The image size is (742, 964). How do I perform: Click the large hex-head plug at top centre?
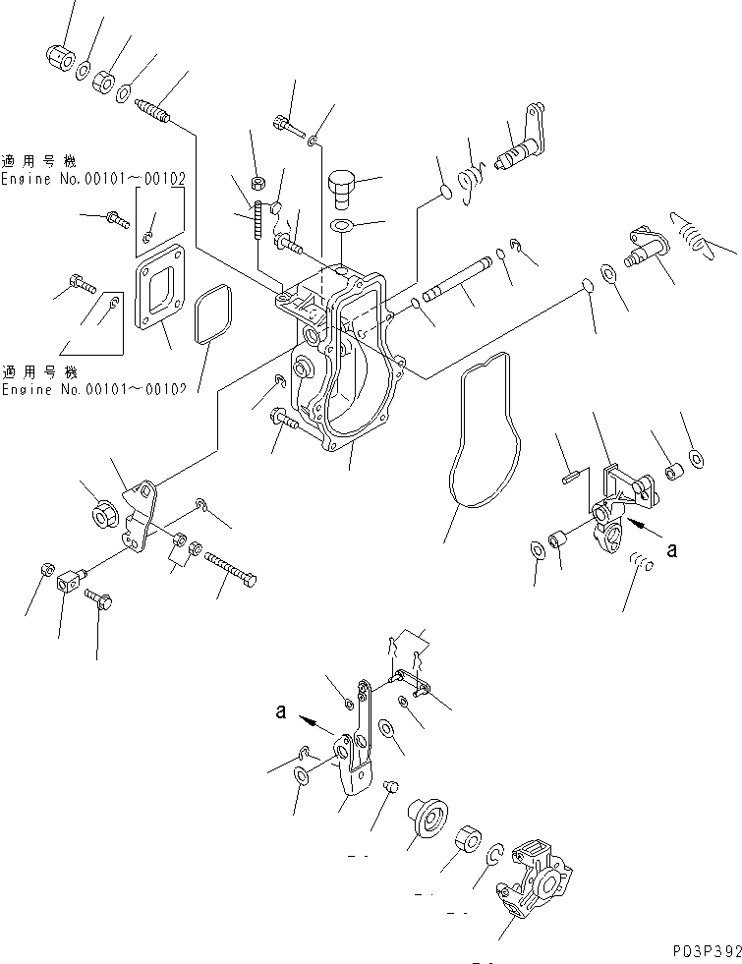[342, 187]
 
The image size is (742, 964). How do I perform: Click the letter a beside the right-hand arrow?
[671, 551]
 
